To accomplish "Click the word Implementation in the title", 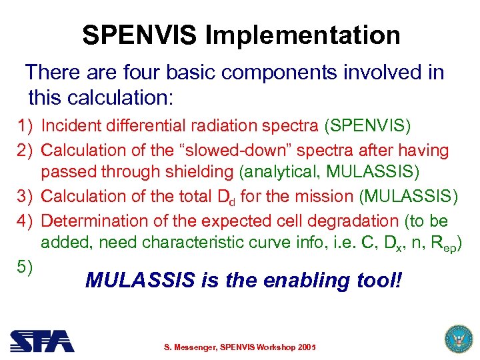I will tap(304, 35).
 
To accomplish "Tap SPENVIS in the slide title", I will tap(140, 35).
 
